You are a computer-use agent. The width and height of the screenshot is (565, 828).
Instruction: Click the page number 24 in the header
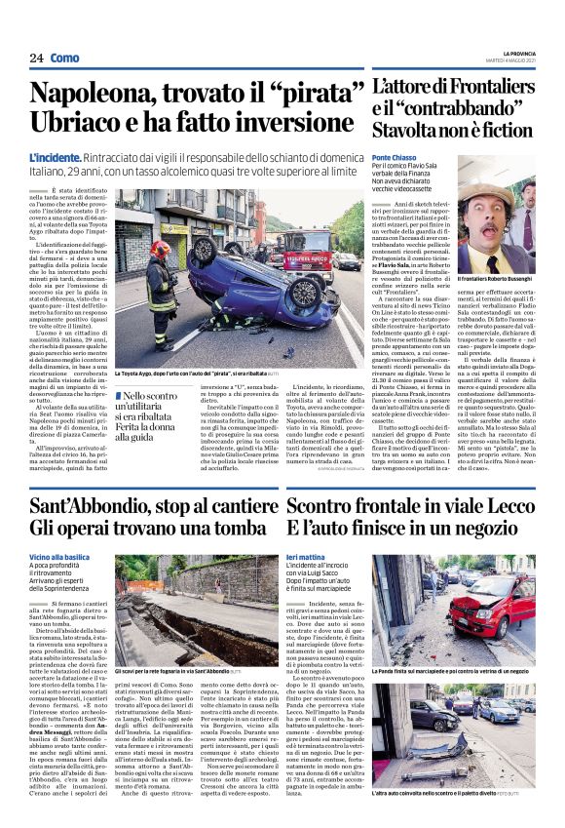(36, 59)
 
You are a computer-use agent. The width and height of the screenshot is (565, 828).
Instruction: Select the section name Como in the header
(65, 59)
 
